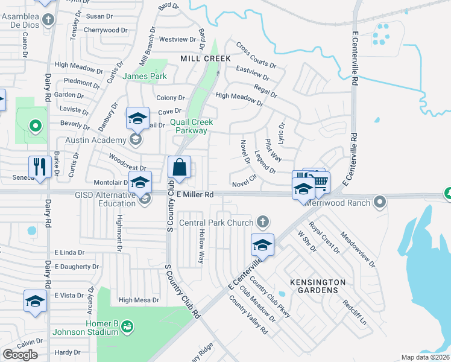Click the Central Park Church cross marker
pyautogui.click(x=262, y=223)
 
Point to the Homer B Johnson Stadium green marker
pyautogui.click(x=127, y=327)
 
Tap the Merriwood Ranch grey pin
pyautogui.click(x=379, y=201)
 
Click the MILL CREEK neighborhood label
pyautogui.click(x=205, y=59)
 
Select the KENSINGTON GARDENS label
pyautogui.click(x=318, y=286)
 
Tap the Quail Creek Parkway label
pyautogui.click(x=189, y=126)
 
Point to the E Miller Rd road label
pyautogui.click(x=195, y=195)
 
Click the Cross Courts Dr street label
pyautogui.click(x=256, y=55)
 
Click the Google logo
pyautogui.click(x=20, y=355)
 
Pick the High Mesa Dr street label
pyautogui.click(x=139, y=300)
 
